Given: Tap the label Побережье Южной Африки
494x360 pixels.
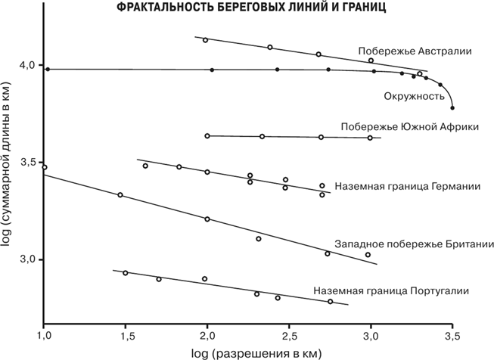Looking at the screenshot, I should [410, 126].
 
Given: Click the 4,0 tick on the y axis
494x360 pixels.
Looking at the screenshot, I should [28, 66].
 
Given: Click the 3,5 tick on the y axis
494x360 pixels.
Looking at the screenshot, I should [28, 163].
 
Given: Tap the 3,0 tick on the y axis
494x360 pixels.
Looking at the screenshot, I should [28, 259].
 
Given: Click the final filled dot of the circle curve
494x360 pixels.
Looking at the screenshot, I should [452, 108].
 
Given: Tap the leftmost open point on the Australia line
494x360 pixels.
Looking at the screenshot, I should [206, 40].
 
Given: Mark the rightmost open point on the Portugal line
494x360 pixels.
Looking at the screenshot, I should [330, 301].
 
